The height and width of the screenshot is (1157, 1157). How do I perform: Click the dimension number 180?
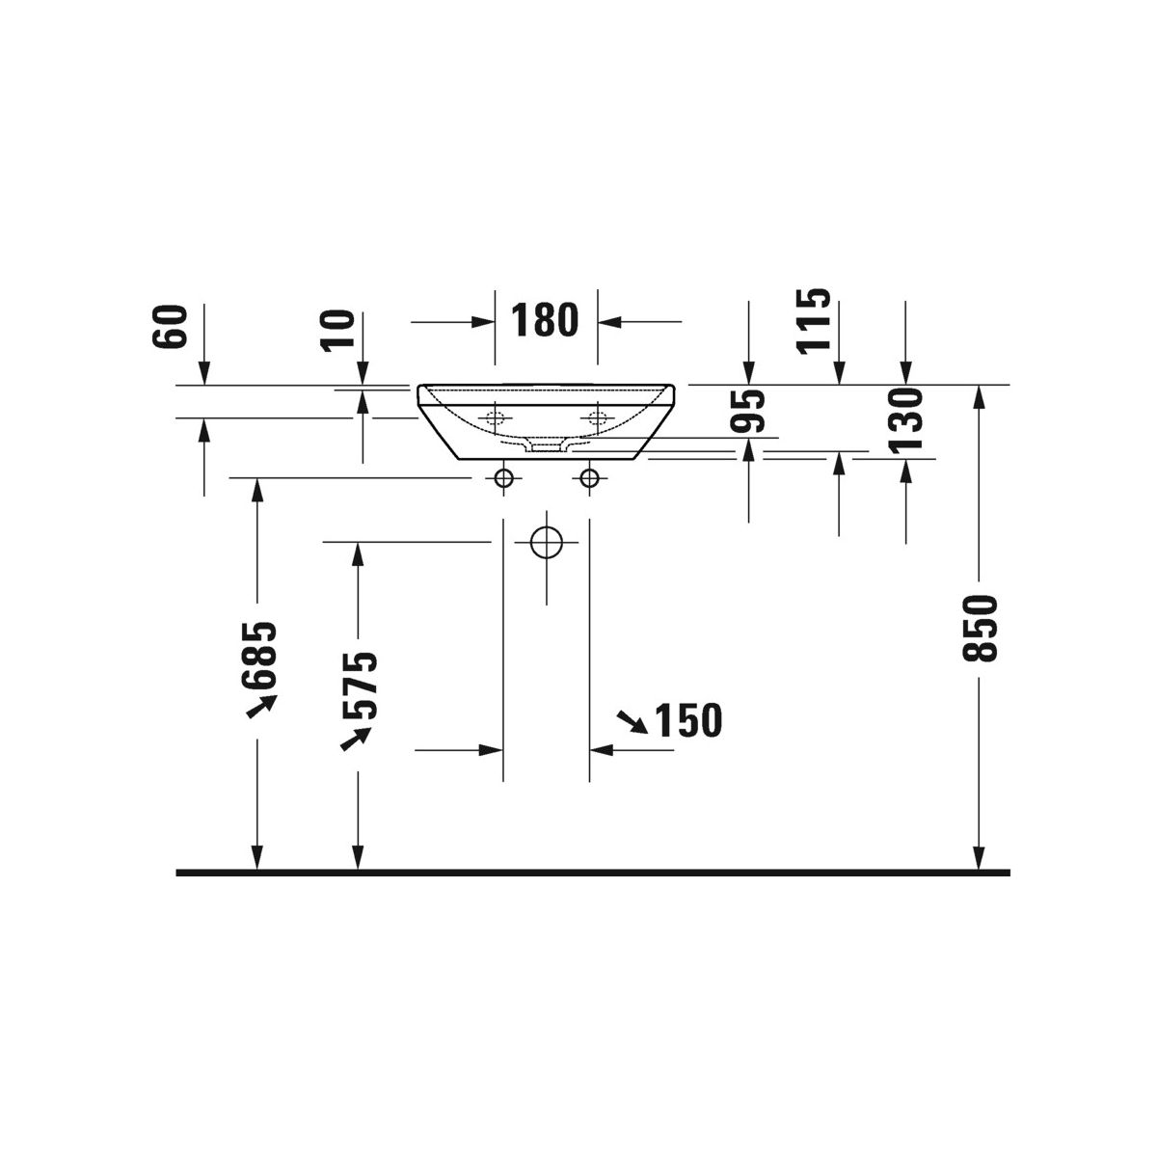(x=545, y=321)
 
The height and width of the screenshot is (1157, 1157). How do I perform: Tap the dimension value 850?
(x=980, y=628)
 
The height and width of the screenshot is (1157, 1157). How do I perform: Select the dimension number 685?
(x=259, y=655)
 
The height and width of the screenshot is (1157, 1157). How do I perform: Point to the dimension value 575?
(x=360, y=685)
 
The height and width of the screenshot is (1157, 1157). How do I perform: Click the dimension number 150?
(x=688, y=720)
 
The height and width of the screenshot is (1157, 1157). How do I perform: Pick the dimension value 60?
(x=170, y=326)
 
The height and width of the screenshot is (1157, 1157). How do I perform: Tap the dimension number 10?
(x=338, y=331)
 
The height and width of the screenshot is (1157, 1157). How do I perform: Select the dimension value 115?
(x=813, y=321)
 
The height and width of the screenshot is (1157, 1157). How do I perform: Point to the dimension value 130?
(x=904, y=420)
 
